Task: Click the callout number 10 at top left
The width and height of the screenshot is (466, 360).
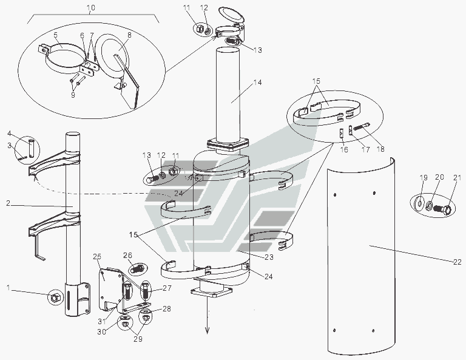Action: point(91,7)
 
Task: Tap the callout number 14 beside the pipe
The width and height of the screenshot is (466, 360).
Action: point(257,83)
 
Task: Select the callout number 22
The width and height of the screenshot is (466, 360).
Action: point(458,262)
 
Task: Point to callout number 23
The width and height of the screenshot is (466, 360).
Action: point(269,257)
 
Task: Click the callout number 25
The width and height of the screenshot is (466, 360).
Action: point(97,256)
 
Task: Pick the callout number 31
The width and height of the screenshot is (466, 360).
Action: point(102,321)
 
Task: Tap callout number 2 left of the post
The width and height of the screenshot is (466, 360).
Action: point(8,203)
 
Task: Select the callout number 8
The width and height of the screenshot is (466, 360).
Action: point(129,35)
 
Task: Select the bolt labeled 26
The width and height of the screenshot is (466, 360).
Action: point(137,270)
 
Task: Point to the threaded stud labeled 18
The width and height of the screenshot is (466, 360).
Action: point(362,126)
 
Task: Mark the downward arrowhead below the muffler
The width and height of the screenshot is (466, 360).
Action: point(207,330)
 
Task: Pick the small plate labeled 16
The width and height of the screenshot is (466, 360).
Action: point(342,134)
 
